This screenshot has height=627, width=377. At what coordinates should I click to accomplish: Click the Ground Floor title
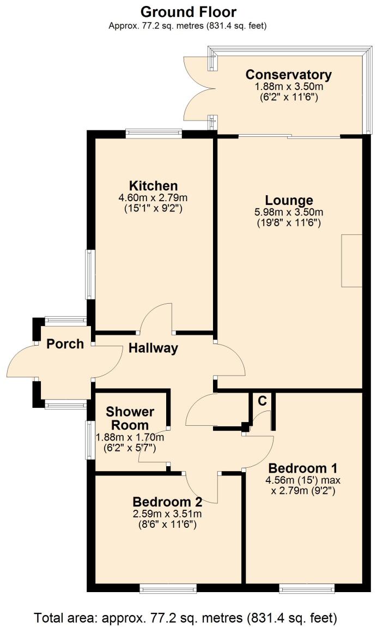point(188,11)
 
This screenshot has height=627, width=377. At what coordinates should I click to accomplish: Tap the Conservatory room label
point(288,75)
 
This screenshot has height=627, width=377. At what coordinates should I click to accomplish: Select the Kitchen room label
point(153,185)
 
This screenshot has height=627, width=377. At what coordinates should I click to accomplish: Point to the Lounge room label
point(289,200)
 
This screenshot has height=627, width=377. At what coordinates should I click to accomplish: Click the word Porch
point(65,344)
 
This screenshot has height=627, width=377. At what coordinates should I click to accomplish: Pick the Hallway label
point(153,348)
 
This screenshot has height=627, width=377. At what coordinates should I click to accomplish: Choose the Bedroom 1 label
point(303,468)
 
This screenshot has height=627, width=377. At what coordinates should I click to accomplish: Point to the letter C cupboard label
point(262,401)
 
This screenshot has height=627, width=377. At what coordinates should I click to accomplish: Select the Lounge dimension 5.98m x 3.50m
point(289,212)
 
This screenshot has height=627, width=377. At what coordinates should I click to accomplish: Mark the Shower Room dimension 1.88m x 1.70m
point(130,437)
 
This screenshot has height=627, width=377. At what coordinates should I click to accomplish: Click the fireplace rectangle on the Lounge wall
point(351,261)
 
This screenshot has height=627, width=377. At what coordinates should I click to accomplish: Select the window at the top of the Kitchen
point(153,131)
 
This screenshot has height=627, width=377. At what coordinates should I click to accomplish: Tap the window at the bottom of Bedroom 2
point(167,588)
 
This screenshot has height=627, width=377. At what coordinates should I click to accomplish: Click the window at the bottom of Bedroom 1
point(307,588)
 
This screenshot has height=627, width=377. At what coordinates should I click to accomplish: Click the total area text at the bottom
point(186,618)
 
